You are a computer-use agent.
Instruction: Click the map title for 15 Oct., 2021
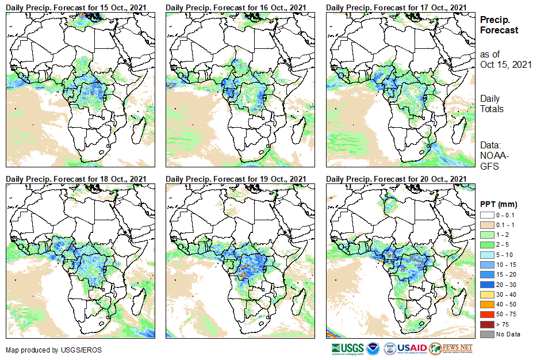[76, 7]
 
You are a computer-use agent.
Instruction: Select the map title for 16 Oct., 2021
[236, 7]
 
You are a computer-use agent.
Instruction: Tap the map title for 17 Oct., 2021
[396, 7]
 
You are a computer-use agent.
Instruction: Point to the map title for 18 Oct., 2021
[76, 179]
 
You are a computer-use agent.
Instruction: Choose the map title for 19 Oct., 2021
[236, 179]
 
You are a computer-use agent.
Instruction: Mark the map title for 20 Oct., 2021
[396, 179]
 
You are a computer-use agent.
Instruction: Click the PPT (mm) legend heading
[499, 204]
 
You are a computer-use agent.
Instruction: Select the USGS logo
[347, 348]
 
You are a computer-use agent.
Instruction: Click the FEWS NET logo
[451, 348]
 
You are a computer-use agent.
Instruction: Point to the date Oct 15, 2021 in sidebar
[505, 64]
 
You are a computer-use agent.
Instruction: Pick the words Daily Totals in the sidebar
[492, 104]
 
